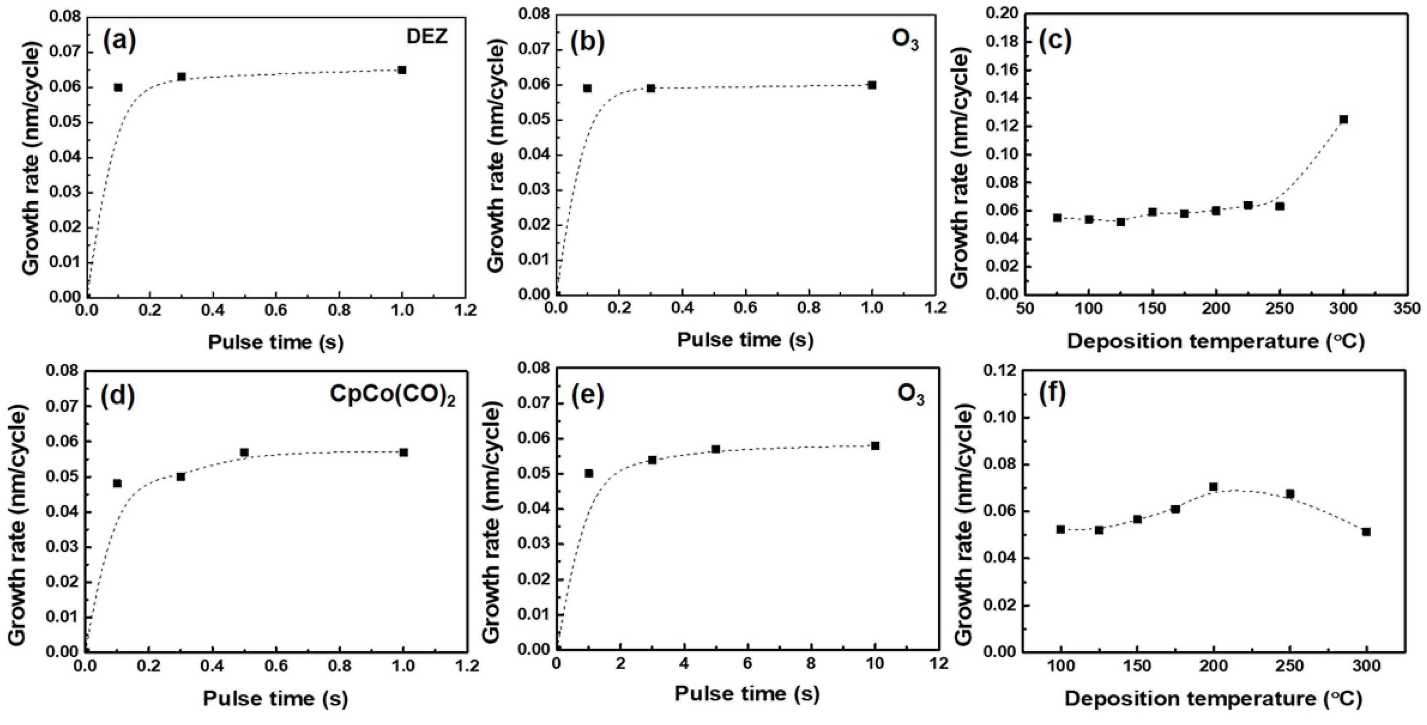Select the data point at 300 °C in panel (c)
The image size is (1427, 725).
[x=1343, y=119]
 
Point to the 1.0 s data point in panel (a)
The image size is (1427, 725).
[x=402, y=70]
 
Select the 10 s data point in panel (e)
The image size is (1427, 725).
[x=875, y=446]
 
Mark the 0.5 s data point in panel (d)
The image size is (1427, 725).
[x=244, y=453]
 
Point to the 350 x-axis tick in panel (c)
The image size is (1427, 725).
[x=1406, y=308]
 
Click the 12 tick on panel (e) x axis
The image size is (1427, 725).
[x=939, y=664]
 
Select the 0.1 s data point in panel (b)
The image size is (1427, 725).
[x=588, y=88]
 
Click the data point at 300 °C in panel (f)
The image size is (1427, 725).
[x=1366, y=532]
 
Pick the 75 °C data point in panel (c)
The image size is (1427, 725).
[x=1057, y=217]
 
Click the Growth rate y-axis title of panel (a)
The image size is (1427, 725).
[x=32, y=161]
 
